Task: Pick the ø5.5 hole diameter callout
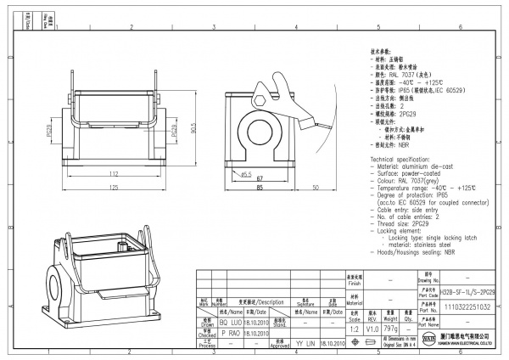[x=245, y=174]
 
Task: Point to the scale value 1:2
[x=354, y=327]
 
